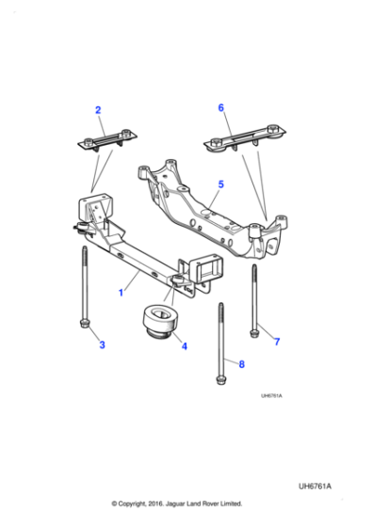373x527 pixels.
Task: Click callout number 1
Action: (x=121, y=293)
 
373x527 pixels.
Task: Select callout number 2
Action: (x=97, y=111)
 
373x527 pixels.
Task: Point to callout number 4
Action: (x=184, y=346)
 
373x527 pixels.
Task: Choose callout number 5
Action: (x=220, y=184)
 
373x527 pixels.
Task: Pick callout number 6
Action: (x=221, y=108)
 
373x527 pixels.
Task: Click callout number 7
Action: (x=277, y=340)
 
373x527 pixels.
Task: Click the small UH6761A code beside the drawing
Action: (x=271, y=395)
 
